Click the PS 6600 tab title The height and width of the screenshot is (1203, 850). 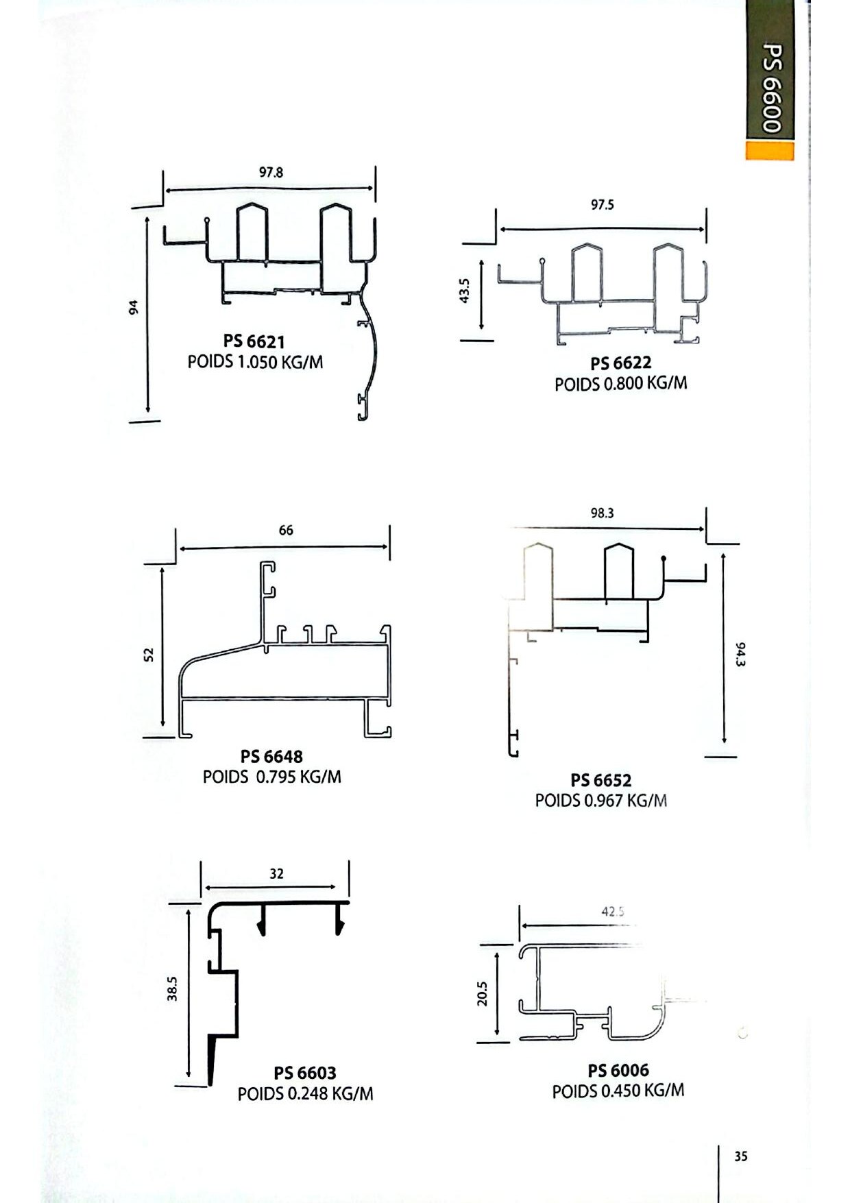(771, 88)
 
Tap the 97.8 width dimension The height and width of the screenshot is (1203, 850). (271, 173)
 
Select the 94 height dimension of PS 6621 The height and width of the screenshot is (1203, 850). (134, 308)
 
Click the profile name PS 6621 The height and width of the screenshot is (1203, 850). (254, 341)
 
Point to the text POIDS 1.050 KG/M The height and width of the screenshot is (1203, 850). (255, 362)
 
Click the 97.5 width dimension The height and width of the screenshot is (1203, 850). (603, 205)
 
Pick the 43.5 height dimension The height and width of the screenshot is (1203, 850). (464, 291)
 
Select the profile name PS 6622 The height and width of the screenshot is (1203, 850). (621, 363)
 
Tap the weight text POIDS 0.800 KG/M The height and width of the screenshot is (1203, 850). (621, 383)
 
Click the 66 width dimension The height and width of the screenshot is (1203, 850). (286, 531)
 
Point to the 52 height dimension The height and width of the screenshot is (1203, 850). (149, 655)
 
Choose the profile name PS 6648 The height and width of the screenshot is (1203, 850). (271, 757)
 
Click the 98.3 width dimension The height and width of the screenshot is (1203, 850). (602, 513)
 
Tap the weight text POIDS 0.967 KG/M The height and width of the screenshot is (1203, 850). (601, 801)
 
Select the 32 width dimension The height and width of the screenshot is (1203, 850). (276, 874)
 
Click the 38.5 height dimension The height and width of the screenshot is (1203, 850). (172, 988)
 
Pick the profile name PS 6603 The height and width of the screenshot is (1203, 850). (305, 1073)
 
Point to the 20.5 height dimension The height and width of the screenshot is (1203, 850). (482, 994)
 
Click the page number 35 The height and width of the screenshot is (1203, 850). (741, 1156)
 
